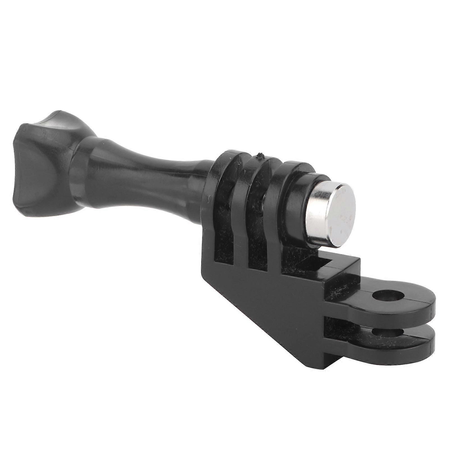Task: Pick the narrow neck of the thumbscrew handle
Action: [x=174, y=179]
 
